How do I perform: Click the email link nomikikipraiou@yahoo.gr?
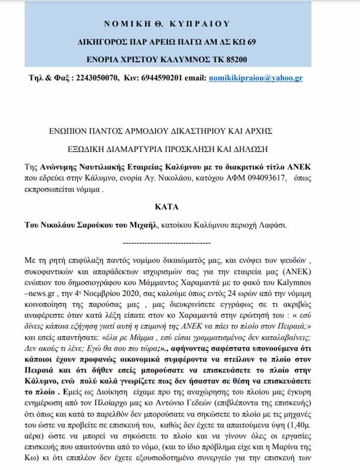(x=256, y=78)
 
